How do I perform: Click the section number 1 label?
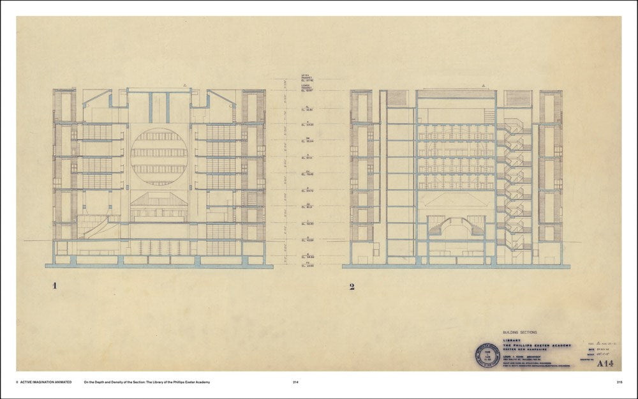(x=56, y=286)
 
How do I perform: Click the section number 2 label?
(x=352, y=286)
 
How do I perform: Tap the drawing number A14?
(x=609, y=363)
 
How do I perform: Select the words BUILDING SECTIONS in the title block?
(x=521, y=333)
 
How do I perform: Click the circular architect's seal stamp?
(x=487, y=355)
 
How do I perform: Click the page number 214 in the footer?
(x=295, y=382)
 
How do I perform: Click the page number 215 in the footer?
(x=619, y=382)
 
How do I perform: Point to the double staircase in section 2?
(x=454, y=227)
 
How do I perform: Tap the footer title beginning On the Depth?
(x=147, y=382)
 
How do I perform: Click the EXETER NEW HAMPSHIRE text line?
(x=528, y=349)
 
